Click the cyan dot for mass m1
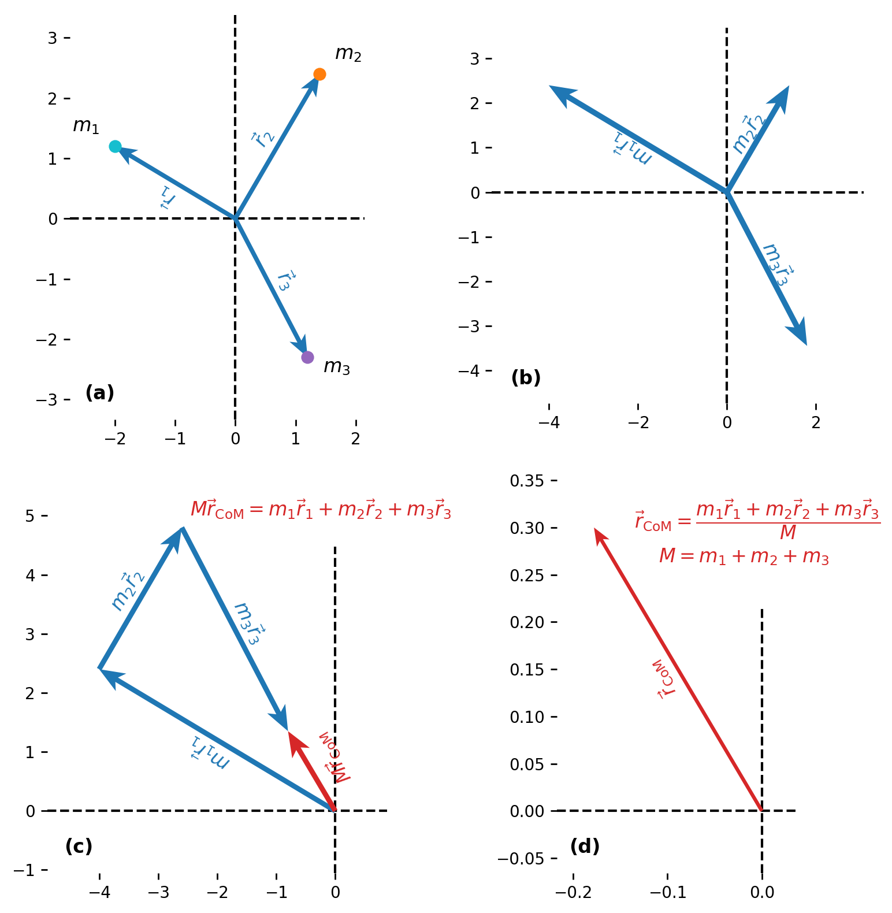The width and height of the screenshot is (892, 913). pos(115,146)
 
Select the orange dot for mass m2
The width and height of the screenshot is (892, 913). pos(319,74)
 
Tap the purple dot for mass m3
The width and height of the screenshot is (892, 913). pos(307,357)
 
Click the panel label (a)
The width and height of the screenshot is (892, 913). pos(99,393)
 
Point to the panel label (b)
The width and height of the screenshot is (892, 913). pos(526,378)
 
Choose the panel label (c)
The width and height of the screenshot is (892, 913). pos(79,847)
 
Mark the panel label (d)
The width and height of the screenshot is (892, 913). pos(585,847)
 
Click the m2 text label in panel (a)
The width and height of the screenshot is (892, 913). pos(348,54)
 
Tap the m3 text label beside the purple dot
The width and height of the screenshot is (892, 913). pos(336,366)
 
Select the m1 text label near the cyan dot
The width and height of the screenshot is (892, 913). pos(86,125)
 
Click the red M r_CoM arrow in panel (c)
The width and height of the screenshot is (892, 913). pos(311,771)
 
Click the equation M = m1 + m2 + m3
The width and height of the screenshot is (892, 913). pos(744,556)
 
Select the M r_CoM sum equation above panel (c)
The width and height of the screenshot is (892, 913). pos(321,509)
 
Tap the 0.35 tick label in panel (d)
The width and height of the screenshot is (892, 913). pos(527,481)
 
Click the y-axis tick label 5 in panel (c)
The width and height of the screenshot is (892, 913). pos(29,515)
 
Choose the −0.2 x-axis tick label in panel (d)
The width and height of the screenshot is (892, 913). pos(574,893)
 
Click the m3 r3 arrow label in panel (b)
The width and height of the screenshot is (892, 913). pos(776,265)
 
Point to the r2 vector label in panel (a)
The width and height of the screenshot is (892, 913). pos(262,139)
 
